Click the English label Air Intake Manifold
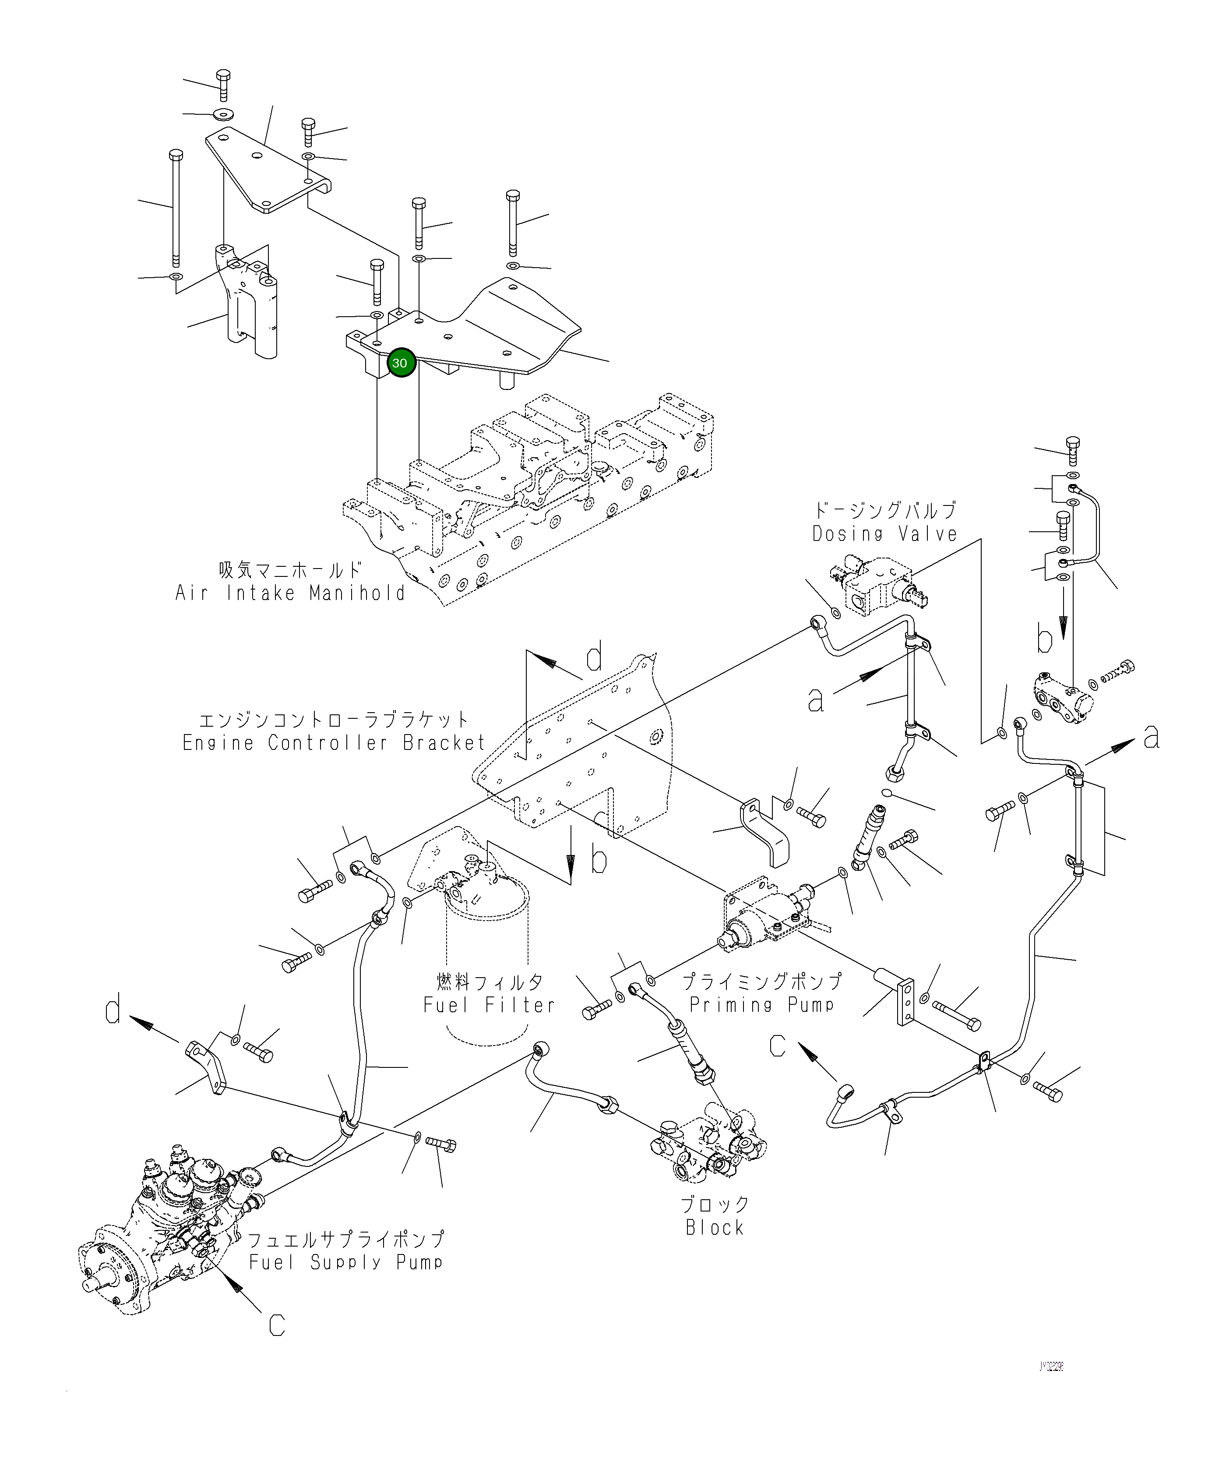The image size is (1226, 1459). (x=290, y=593)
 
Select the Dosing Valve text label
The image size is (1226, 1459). (x=885, y=534)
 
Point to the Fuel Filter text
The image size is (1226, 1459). (x=489, y=1005)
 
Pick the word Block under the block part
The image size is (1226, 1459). (x=715, y=1228)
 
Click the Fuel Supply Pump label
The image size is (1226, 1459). (x=346, y=1262)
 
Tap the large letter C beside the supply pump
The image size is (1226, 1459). (x=277, y=1326)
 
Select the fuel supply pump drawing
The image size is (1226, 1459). (x=167, y=1230)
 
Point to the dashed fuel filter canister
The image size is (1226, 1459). (x=486, y=932)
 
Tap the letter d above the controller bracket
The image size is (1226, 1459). (x=594, y=659)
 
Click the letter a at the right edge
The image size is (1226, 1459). (x=1152, y=737)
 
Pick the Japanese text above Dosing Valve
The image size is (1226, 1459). (x=885, y=510)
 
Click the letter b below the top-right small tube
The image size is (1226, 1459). (x=1045, y=638)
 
